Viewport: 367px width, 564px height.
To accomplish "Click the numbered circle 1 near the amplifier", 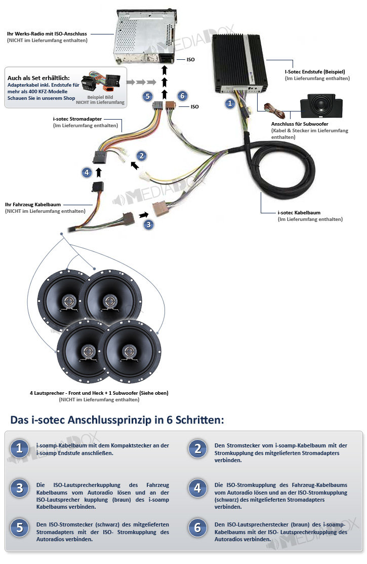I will [230, 103].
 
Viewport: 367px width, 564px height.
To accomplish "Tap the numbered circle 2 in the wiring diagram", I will [142, 156].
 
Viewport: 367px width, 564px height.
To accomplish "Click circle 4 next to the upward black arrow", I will [87, 172].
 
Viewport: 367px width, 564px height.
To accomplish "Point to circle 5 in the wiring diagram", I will [147, 96].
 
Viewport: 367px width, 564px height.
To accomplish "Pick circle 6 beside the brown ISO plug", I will [182, 96].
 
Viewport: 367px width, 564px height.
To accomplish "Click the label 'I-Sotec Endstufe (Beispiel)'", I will [315, 72].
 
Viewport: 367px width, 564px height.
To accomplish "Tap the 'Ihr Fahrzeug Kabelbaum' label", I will [33, 205].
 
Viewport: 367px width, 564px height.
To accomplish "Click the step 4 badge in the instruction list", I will [197, 488].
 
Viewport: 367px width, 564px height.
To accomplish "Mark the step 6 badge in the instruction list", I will [197, 528].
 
